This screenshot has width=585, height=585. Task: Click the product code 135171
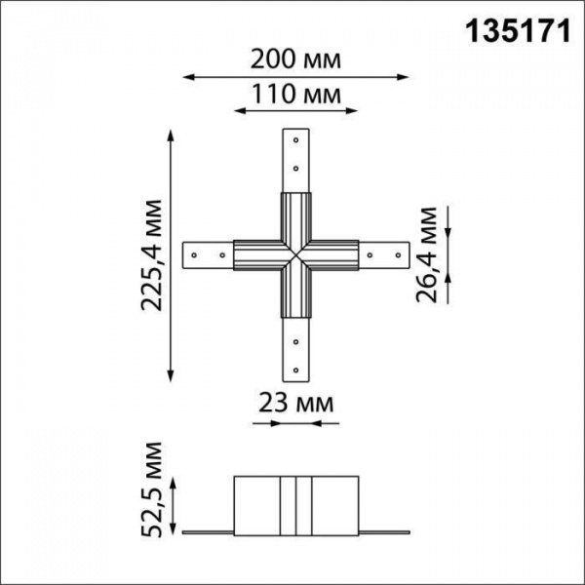click(514, 31)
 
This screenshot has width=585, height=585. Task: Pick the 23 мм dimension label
click(296, 403)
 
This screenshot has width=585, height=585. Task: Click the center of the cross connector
click(295, 255)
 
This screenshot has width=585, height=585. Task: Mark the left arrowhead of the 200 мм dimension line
click(188, 76)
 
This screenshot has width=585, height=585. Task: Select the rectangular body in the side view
click(295, 505)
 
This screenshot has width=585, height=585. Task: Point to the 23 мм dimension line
click(296, 424)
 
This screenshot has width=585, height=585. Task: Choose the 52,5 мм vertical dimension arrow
click(175, 505)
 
